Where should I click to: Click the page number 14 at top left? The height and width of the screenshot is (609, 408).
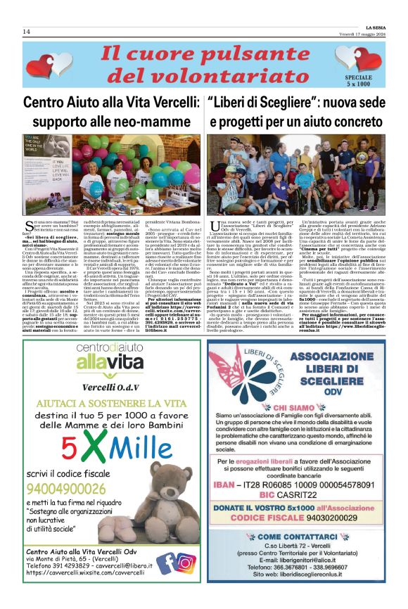(x=27, y=32)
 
